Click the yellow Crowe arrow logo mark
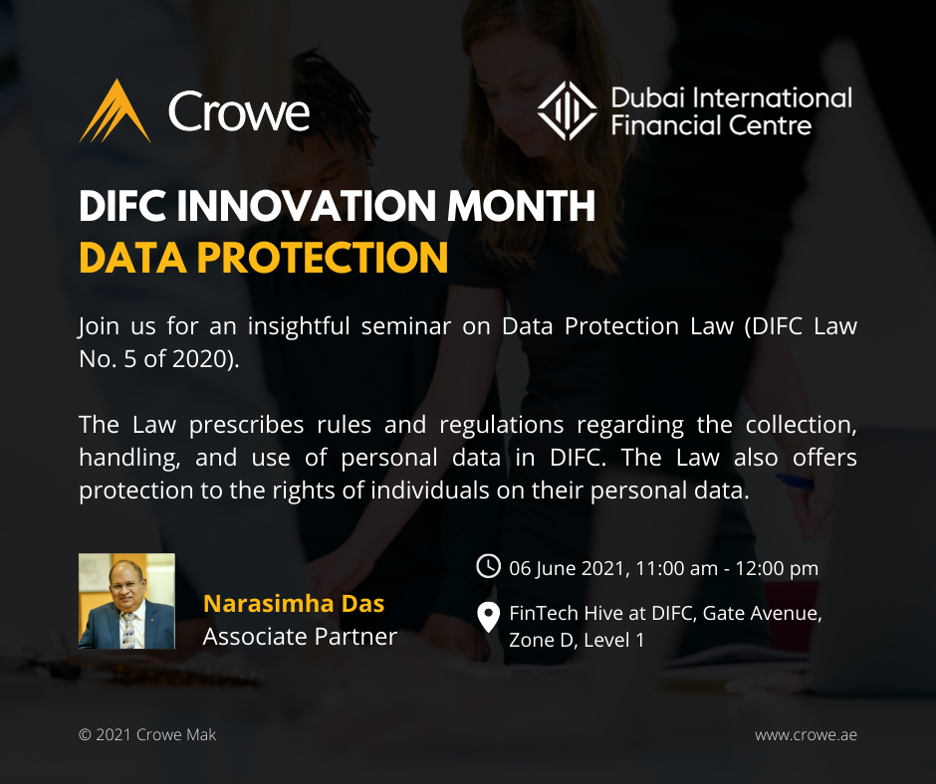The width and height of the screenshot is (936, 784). click(115, 111)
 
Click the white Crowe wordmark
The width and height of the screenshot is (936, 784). click(239, 111)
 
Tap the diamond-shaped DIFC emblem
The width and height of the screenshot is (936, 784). click(568, 110)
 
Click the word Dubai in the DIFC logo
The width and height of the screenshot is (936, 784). click(647, 98)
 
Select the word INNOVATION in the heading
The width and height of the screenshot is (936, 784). click(307, 206)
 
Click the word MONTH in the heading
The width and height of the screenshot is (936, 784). click(522, 206)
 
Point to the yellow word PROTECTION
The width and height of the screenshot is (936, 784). click(323, 258)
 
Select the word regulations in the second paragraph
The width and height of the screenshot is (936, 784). click(502, 426)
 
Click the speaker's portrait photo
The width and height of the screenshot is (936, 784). click(126, 601)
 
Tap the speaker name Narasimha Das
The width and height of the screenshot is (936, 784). click(294, 604)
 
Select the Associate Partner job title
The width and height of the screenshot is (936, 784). click(300, 637)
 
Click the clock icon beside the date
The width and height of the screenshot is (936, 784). click(488, 566)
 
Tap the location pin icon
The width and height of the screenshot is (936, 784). click(488, 617)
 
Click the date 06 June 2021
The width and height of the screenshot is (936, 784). click(567, 569)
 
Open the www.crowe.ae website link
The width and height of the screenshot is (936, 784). click(806, 735)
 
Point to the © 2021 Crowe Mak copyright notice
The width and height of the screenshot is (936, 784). click(147, 735)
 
